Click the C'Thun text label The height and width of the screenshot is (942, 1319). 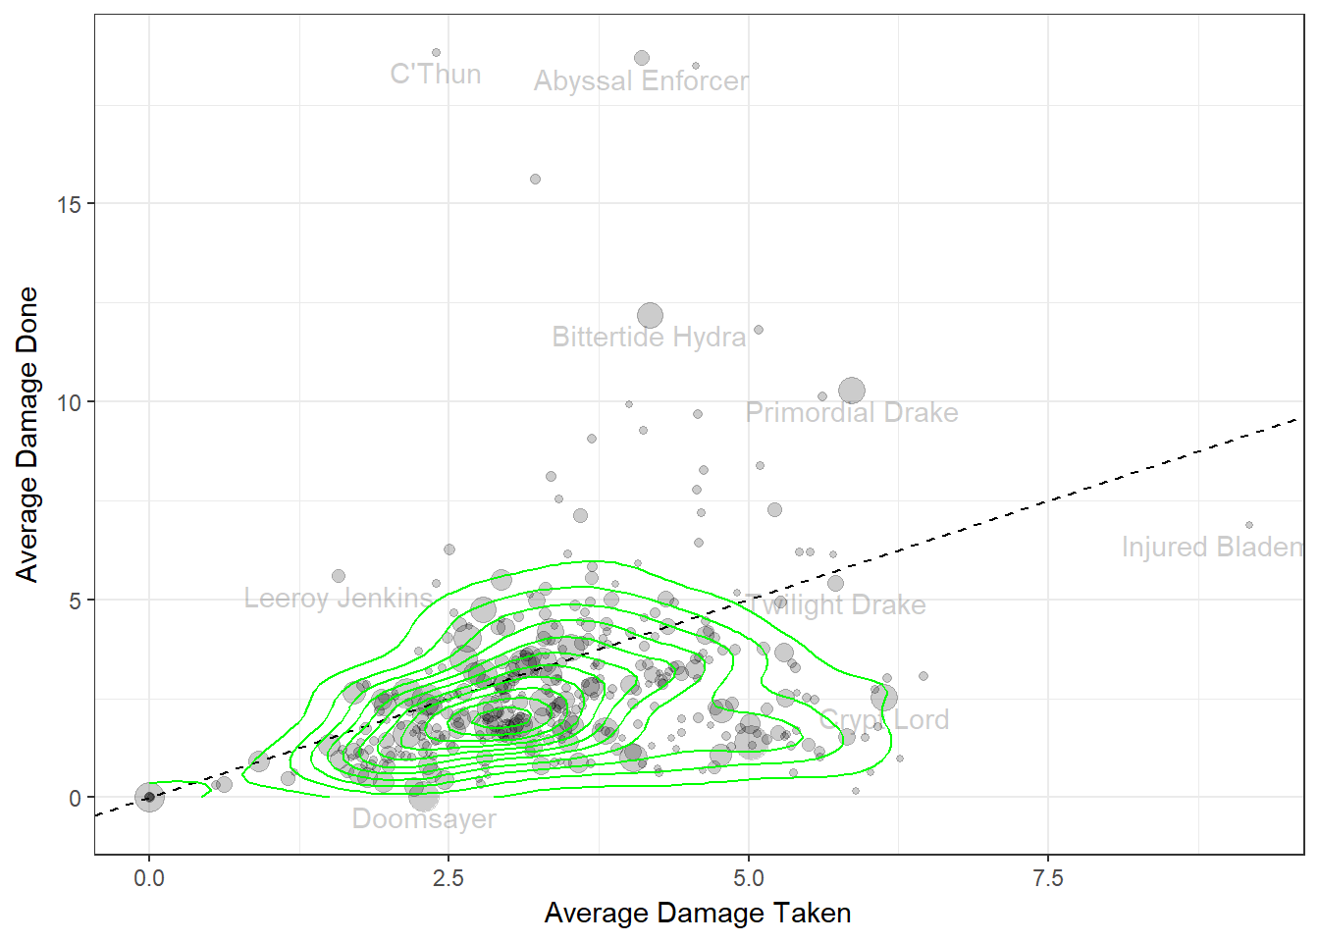pyautogui.click(x=436, y=75)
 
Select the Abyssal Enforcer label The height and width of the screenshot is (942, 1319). pyautogui.click(x=641, y=81)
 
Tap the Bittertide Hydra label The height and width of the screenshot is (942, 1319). pyautogui.click(x=649, y=338)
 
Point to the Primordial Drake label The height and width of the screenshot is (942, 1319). pyautogui.click(x=852, y=413)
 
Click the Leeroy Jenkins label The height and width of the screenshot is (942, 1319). pyautogui.click(x=339, y=599)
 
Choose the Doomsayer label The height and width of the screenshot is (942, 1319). pyautogui.click(x=424, y=819)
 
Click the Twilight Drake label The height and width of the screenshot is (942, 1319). pyautogui.click(x=836, y=605)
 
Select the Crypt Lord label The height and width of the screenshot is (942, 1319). pyautogui.click(x=884, y=720)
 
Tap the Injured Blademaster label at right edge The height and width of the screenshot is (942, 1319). pyautogui.click(x=1212, y=548)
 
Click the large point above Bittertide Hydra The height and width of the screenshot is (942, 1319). pyautogui.click(x=650, y=315)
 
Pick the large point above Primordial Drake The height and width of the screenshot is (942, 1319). pyautogui.click(x=852, y=391)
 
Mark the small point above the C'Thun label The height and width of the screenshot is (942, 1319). pyautogui.click(x=436, y=53)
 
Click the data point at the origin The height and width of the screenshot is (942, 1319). pyautogui.click(x=149, y=797)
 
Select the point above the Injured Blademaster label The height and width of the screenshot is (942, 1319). pyautogui.click(x=1249, y=525)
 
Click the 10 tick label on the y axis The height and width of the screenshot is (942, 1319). pyautogui.click(x=69, y=402)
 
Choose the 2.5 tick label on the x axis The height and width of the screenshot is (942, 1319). pyautogui.click(x=448, y=878)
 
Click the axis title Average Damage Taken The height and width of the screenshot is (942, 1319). pyautogui.click(x=698, y=914)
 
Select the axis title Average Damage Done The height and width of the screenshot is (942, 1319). pyautogui.click(x=27, y=434)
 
